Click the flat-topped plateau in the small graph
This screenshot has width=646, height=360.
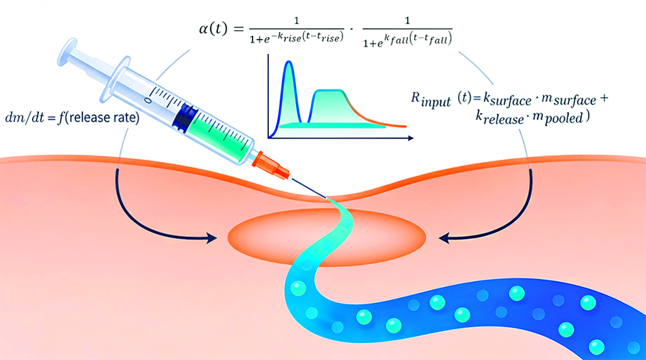(x=329, y=94)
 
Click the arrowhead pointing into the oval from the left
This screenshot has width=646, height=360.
(x=212, y=237)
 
